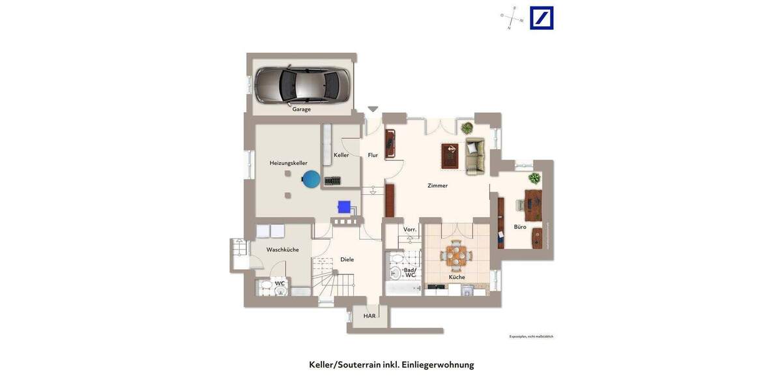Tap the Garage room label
(302, 109)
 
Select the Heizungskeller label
(289, 163)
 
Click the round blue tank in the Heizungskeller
(311, 179)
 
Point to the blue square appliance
(344, 207)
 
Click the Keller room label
(341, 155)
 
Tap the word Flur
(373, 155)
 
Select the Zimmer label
(437, 186)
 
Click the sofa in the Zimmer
(475, 156)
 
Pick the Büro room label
(520, 227)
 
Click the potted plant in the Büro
(534, 178)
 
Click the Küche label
(457, 277)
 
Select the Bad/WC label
(410, 272)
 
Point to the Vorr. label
(410, 229)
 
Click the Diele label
(347, 259)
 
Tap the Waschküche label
(283, 250)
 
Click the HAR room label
(369, 316)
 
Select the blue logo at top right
(542, 18)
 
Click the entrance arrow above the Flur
(373, 109)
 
